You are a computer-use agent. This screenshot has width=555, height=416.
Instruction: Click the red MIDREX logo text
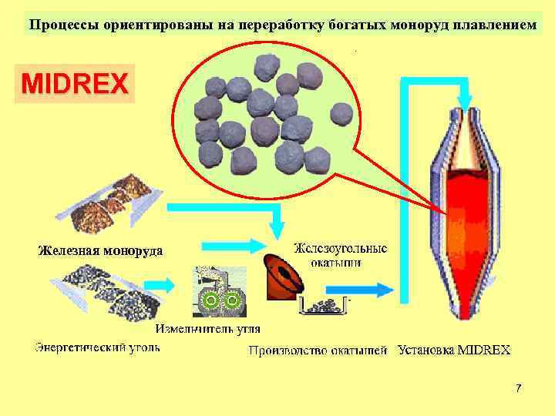click(75, 83)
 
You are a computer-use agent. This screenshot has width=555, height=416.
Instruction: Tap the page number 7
click(519, 387)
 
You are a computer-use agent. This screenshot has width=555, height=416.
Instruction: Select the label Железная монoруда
click(100, 250)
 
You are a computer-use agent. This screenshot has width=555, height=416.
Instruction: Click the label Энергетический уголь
click(97, 347)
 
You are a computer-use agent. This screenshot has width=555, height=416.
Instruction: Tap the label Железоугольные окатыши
click(340, 254)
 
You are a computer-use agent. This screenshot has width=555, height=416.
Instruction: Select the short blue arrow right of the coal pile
click(161, 285)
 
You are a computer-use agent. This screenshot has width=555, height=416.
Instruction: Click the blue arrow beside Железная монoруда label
click(224, 246)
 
